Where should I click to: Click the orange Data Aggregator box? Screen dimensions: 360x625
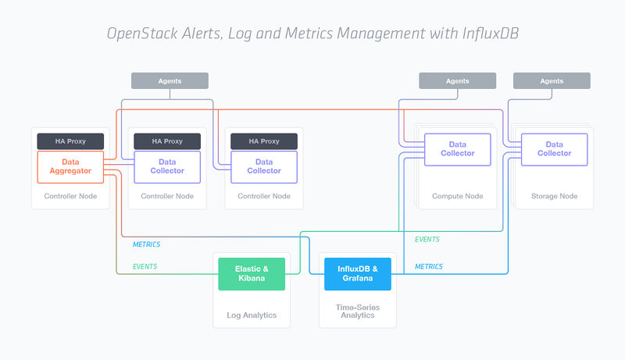tap(70, 166)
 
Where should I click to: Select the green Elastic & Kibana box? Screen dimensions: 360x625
tap(252, 273)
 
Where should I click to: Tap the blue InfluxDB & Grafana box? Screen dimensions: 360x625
tap(358, 273)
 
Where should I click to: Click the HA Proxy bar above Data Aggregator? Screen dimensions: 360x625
tap(70, 141)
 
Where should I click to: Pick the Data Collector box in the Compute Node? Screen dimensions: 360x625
tap(457, 148)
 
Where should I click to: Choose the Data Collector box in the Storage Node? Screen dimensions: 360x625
tap(554, 148)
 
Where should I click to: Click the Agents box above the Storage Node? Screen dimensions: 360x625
tap(552, 80)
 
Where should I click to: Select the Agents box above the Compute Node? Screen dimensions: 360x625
tap(458, 80)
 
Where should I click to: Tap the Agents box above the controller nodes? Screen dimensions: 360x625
tap(170, 80)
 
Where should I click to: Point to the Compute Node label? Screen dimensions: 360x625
tap(457, 196)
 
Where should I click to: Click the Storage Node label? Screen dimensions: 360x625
tap(554, 196)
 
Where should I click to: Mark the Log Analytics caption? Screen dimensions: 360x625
tap(252, 315)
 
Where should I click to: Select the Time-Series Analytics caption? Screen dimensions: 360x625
tap(358, 312)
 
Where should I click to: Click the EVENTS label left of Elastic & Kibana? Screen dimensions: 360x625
tap(145, 266)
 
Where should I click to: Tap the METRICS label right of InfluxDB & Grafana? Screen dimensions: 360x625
tap(428, 266)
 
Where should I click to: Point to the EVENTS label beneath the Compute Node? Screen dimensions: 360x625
tap(427, 239)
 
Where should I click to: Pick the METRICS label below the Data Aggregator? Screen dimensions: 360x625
tap(146, 244)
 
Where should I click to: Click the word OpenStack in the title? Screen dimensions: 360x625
tap(140, 34)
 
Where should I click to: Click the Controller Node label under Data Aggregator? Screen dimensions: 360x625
tap(70, 196)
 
